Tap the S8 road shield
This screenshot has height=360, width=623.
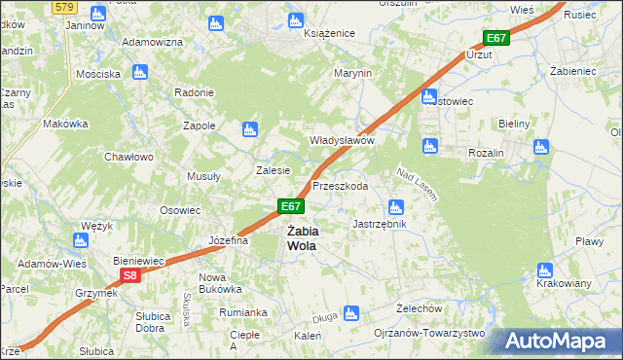(x=131, y=276)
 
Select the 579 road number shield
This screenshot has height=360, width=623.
(x=64, y=7)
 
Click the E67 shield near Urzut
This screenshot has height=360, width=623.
(x=495, y=38)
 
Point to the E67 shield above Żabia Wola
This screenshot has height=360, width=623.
(x=291, y=206)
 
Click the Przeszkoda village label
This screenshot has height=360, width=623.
(x=340, y=186)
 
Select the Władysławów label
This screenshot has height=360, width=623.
(x=342, y=140)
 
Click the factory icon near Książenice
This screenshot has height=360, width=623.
(x=297, y=18)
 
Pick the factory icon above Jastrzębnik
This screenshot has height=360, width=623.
(x=395, y=206)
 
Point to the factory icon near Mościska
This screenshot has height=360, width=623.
(x=139, y=72)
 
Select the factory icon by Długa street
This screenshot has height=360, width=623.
(x=352, y=313)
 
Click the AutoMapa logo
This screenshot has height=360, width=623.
(x=554, y=341)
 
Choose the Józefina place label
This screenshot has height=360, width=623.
(x=229, y=240)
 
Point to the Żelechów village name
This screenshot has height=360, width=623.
(x=421, y=308)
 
